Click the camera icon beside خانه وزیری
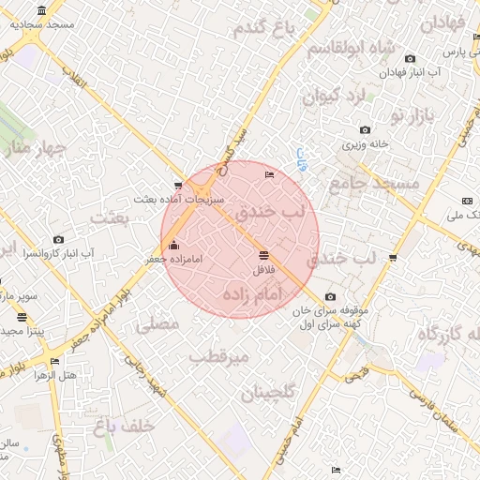(365, 130)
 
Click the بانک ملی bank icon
(467, 201)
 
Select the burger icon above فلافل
(263, 255)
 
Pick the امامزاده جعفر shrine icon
(173, 246)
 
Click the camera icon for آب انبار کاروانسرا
(59, 239)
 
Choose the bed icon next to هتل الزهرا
(54, 361)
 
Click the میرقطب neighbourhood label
(217, 357)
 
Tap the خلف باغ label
(123, 427)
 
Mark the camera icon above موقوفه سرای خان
(330, 297)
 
